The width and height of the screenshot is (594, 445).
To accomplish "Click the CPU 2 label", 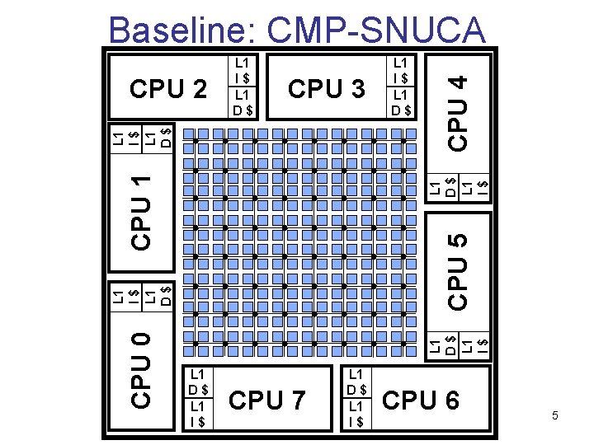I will click(x=168, y=88).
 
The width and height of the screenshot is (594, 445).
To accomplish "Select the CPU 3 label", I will click(x=327, y=88).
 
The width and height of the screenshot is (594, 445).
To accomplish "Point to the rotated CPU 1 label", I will click(x=142, y=210).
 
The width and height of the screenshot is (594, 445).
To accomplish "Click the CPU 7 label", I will click(x=267, y=400).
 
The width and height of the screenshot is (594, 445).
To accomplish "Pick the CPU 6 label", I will click(x=421, y=400).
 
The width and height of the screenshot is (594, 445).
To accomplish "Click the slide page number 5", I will click(x=555, y=416).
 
